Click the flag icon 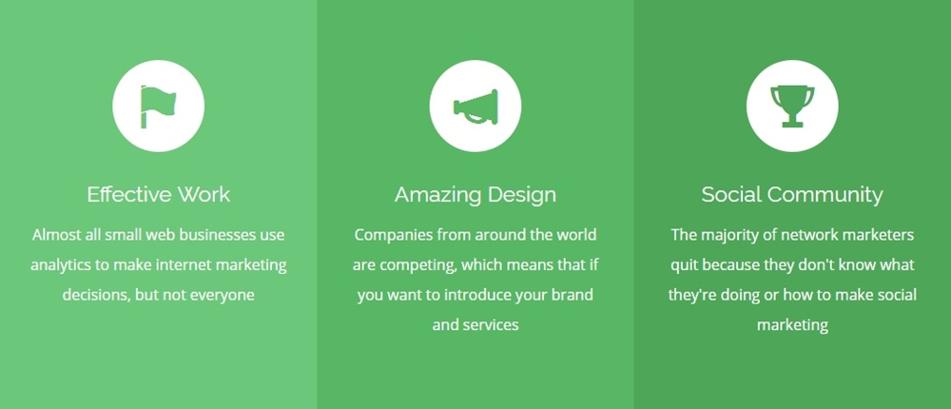158,107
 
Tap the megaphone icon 476,107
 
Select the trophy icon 792,107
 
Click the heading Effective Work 158,195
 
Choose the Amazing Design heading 475,195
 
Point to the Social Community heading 792,195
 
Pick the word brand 574,296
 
